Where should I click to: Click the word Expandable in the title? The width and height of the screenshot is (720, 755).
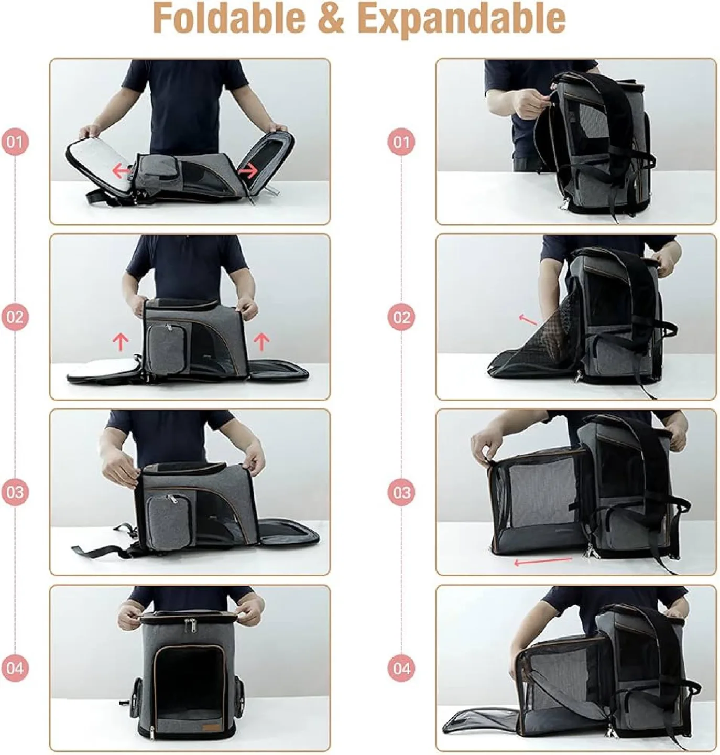[x=464, y=18]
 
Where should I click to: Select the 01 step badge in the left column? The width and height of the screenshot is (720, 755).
[x=15, y=142]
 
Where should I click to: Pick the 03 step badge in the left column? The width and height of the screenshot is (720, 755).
[x=15, y=492]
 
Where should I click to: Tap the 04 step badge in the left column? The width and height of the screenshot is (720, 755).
[x=15, y=668]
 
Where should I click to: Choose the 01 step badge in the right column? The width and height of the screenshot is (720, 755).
[x=401, y=142]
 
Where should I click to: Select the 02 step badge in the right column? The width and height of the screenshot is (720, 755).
[x=401, y=317]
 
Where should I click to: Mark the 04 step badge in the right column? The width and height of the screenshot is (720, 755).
[x=401, y=668]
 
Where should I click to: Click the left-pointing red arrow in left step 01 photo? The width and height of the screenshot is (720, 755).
[x=122, y=170]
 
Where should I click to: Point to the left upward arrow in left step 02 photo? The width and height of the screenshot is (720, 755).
[x=121, y=342]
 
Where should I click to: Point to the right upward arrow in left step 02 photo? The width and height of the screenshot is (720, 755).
[x=261, y=342]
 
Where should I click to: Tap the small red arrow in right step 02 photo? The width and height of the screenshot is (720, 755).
[x=528, y=319]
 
